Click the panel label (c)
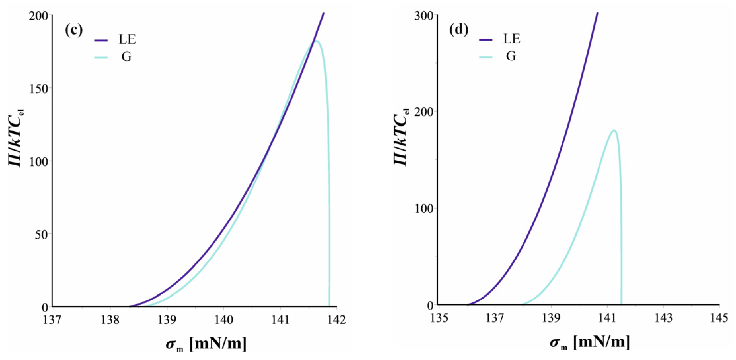tap(73, 30)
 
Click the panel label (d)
tap(459, 30)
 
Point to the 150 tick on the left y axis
tap(39, 88)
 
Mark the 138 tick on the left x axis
tap(110, 319)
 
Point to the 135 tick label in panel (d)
tap(439, 318)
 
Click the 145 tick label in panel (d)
tap(719, 318)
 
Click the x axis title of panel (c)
tap(206, 344)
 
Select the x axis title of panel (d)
tap(590, 342)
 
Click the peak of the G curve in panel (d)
tap(614, 130)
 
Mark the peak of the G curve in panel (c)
tap(317, 41)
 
